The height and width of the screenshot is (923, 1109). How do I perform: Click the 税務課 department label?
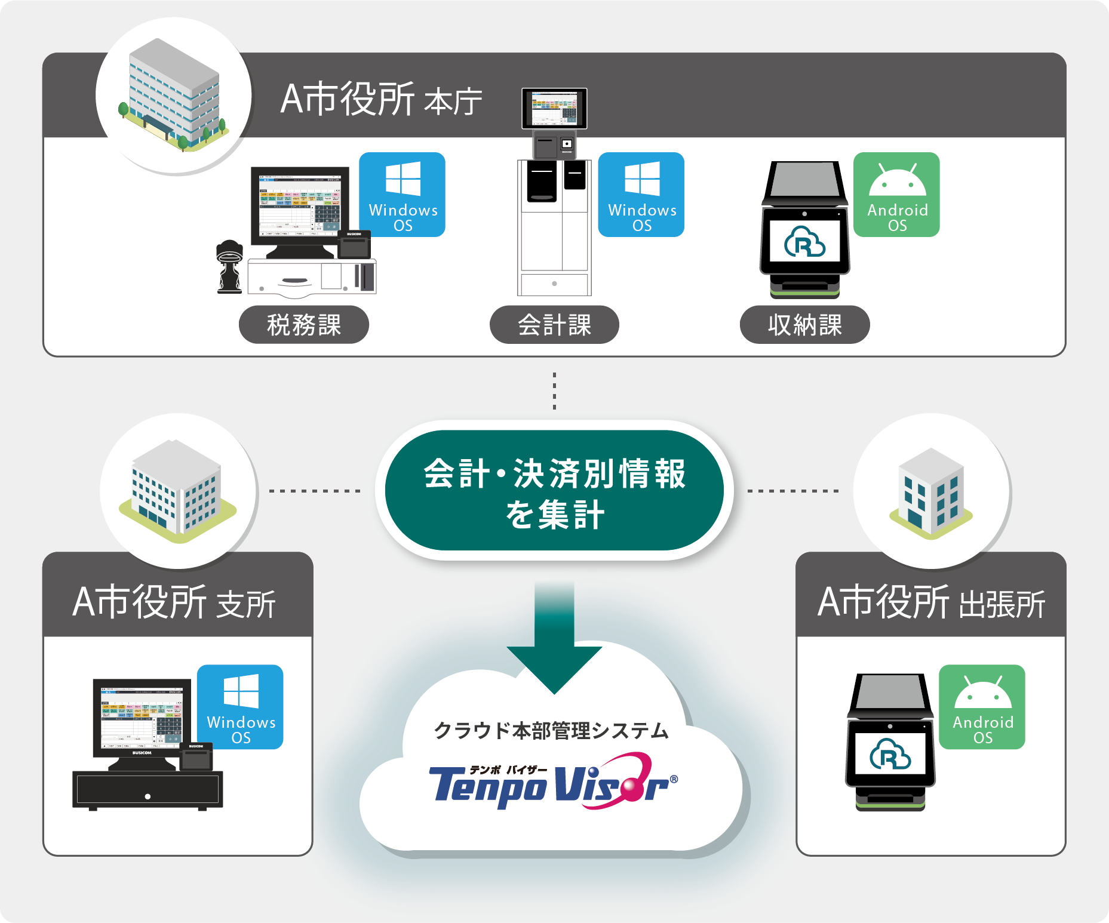click(x=303, y=325)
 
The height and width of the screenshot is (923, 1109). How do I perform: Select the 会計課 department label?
click(x=554, y=325)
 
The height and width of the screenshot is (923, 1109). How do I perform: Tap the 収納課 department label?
click(x=804, y=325)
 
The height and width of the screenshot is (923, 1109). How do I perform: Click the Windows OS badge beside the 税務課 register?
click(x=403, y=195)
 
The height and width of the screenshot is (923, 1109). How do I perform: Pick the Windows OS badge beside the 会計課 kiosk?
click(x=641, y=195)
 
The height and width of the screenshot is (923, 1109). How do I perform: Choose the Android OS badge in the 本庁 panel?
click(x=896, y=195)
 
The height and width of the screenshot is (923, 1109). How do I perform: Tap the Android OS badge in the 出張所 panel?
click(x=982, y=707)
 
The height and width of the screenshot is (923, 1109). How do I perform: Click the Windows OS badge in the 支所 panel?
click(x=240, y=707)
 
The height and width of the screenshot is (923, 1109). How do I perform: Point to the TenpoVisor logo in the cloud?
click(x=552, y=782)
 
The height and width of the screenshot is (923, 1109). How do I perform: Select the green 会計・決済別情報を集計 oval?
click(x=554, y=491)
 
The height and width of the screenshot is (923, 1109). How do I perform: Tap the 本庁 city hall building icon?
click(x=174, y=96)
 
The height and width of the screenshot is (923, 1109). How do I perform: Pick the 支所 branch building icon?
click(x=177, y=490)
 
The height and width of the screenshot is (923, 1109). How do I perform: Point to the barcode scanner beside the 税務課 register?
click(x=229, y=266)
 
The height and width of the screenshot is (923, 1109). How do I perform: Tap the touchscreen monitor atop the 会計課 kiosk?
click(x=554, y=108)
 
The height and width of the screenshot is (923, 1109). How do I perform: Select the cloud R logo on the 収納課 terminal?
click(x=804, y=241)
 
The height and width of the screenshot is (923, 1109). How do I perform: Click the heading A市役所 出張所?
click(x=930, y=602)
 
